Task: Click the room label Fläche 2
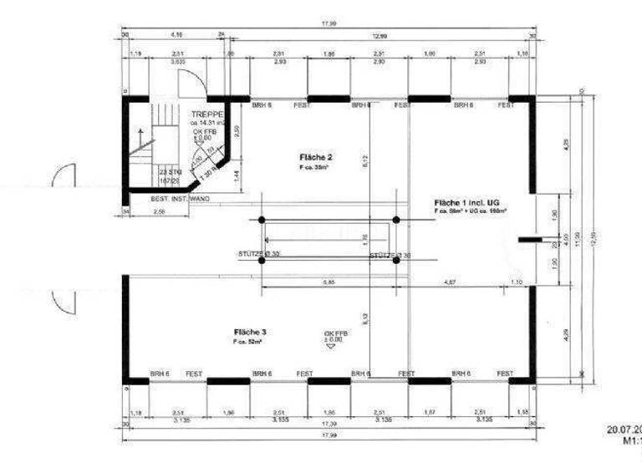(x=316, y=157)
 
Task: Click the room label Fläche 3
(x=250, y=332)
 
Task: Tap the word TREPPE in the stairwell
(x=206, y=114)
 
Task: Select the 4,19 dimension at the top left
(x=177, y=35)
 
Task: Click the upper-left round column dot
(x=262, y=219)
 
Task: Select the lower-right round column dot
(x=396, y=260)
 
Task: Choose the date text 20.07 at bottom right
(x=624, y=430)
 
